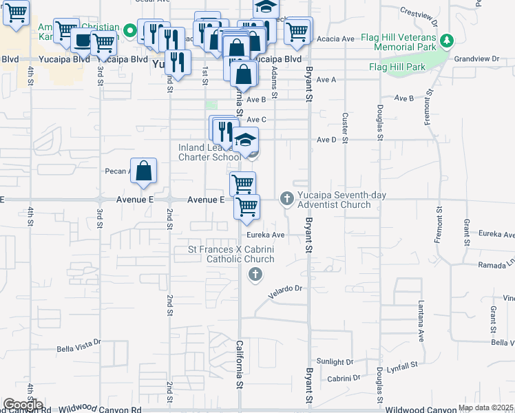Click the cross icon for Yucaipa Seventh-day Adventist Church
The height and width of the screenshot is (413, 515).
pyautogui.click(x=287, y=200)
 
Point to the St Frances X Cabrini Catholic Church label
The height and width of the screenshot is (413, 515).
pyautogui.click(x=232, y=254)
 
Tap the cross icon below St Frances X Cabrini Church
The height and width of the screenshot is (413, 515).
pyautogui.click(x=255, y=275)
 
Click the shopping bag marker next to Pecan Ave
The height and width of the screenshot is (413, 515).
pyautogui.click(x=143, y=173)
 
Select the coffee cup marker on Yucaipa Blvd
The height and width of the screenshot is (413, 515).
pyautogui.click(x=83, y=40)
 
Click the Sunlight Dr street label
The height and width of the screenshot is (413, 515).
pyautogui.click(x=335, y=361)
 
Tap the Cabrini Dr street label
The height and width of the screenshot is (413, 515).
pyautogui.click(x=344, y=378)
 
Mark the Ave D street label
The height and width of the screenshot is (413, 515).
pyautogui.click(x=326, y=140)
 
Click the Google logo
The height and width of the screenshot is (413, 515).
pyautogui.click(x=23, y=405)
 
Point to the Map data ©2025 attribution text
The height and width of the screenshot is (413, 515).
pyautogui.click(x=485, y=407)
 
